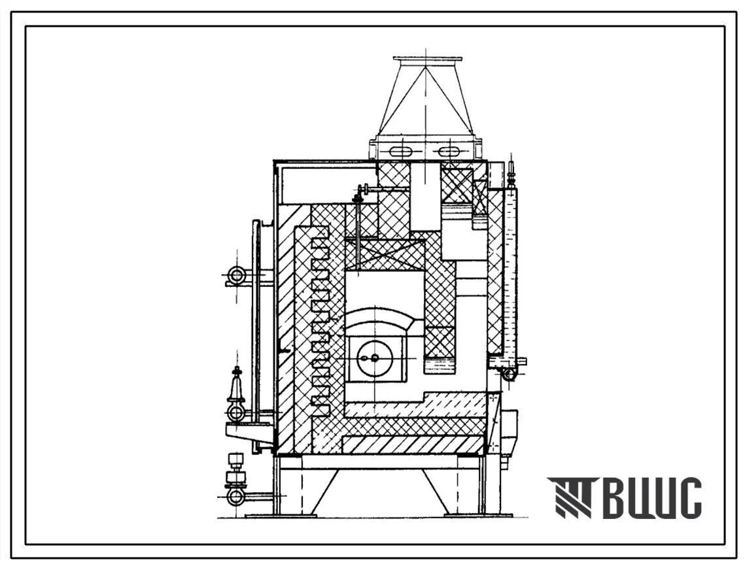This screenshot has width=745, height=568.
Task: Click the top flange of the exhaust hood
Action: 428,59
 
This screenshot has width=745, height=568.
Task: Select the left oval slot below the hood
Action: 402,151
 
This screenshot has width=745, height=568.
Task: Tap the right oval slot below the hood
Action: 449,151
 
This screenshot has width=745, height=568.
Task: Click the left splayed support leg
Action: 325,492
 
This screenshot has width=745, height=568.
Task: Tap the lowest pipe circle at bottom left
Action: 235,497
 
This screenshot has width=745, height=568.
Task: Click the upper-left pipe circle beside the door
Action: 235,275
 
